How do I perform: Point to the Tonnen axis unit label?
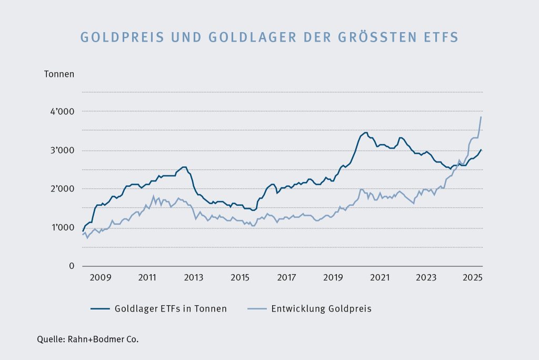pos(59,74)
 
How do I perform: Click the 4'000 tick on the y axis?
pos(62,112)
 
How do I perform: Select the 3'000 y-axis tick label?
pos(62,151)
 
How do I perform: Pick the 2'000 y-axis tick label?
pos(62,189)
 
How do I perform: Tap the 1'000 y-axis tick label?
pos(62,228)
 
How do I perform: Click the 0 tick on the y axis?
pos(71,266)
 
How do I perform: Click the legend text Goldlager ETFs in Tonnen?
pos(171,309)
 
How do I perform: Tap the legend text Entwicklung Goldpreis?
pos(321,309)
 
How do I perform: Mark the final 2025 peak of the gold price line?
pos(481,117)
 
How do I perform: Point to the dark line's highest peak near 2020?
pos(365,133)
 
